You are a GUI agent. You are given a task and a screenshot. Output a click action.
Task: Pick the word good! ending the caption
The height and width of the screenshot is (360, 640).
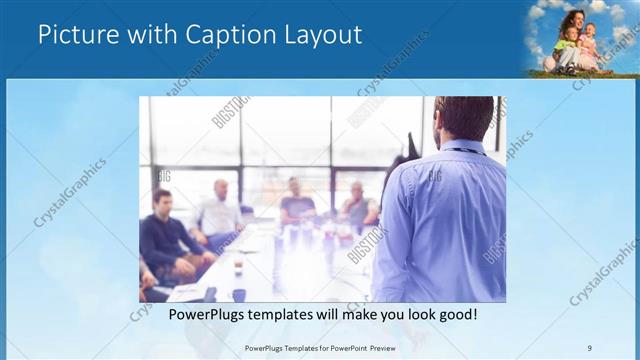click(x=455, y=314)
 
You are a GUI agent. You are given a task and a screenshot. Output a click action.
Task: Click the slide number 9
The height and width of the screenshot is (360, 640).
click(x=590, y=347)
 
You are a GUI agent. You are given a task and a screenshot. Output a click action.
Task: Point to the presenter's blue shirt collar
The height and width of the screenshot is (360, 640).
click(x=466, y=148)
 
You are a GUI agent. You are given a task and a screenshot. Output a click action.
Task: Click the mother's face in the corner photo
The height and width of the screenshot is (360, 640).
click(x=576, y=20)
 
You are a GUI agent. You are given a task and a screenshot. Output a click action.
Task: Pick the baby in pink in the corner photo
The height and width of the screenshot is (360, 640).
click(x=589, y=45)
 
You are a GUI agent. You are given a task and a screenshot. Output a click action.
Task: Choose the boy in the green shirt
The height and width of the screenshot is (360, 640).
click(x=566, y=48)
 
